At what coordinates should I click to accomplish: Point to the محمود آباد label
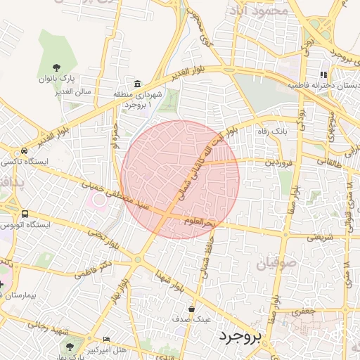pos(258,10)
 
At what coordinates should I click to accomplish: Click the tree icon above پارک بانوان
pos(56,67)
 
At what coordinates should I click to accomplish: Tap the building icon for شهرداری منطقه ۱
pos(136,84)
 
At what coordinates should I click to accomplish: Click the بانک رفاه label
pos(270,131)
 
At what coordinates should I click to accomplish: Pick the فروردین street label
pos(261,162)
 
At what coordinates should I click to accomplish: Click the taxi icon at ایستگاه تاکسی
pos(25,150)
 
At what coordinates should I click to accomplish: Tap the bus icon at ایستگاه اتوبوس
pos(25,214)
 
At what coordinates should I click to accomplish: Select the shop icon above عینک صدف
pos(192,309)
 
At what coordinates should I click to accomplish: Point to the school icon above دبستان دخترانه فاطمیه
pos(323,75)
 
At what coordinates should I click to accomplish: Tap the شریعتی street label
pos(321,236)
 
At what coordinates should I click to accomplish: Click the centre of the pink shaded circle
pos(180,179)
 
